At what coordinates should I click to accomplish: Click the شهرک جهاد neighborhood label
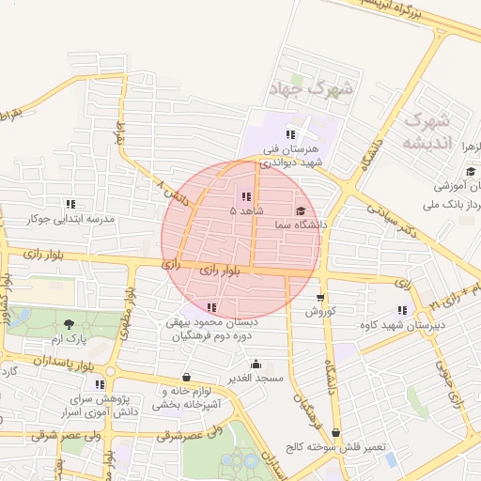pos(307,90)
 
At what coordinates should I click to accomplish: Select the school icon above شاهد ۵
pos(246,197)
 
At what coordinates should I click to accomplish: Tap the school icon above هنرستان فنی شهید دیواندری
pos(291,134)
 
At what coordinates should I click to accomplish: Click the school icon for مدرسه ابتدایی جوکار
pos(70,204)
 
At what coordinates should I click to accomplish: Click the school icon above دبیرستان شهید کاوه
pos(402,310)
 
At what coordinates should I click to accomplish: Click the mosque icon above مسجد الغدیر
pos(256,364)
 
